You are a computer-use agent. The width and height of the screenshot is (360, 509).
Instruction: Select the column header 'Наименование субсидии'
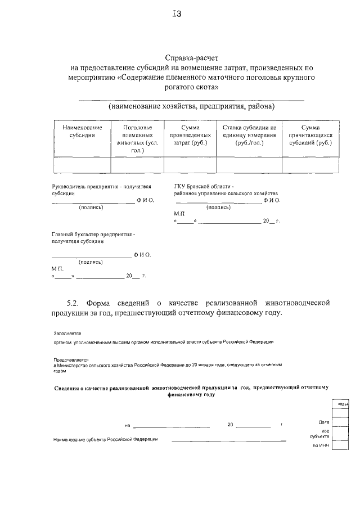[82, 131]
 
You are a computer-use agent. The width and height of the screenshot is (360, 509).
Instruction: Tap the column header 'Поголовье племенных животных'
[137, 138]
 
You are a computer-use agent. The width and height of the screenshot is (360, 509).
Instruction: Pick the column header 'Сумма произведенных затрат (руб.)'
[190, 135]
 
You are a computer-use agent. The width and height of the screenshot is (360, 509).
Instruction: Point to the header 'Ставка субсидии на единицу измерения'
[249, 135]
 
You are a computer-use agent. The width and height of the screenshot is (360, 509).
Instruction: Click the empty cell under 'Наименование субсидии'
[82, 165]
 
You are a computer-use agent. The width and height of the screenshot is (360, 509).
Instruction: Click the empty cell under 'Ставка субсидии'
[249, 165]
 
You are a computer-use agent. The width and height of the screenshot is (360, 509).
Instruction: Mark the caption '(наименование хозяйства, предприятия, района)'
[191, 106]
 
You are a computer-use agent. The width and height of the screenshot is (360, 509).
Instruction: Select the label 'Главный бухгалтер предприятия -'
[93, 234]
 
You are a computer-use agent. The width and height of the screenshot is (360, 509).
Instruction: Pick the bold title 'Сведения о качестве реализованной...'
[191, 391]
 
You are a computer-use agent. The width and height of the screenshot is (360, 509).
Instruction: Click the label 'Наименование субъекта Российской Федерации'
[105, 439]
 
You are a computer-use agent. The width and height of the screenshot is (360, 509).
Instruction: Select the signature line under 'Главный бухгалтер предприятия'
[91, 256]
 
